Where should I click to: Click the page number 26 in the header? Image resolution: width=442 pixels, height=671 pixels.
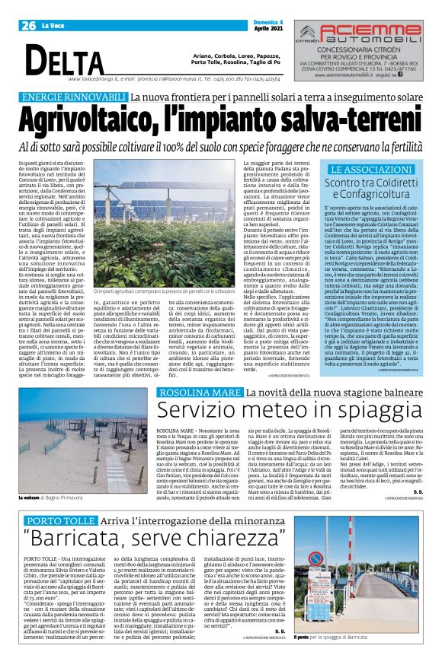pyautogui.click(x=29, y=26)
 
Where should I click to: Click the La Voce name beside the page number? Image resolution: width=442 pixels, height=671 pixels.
pyautogui.click(x=53, y=26)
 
